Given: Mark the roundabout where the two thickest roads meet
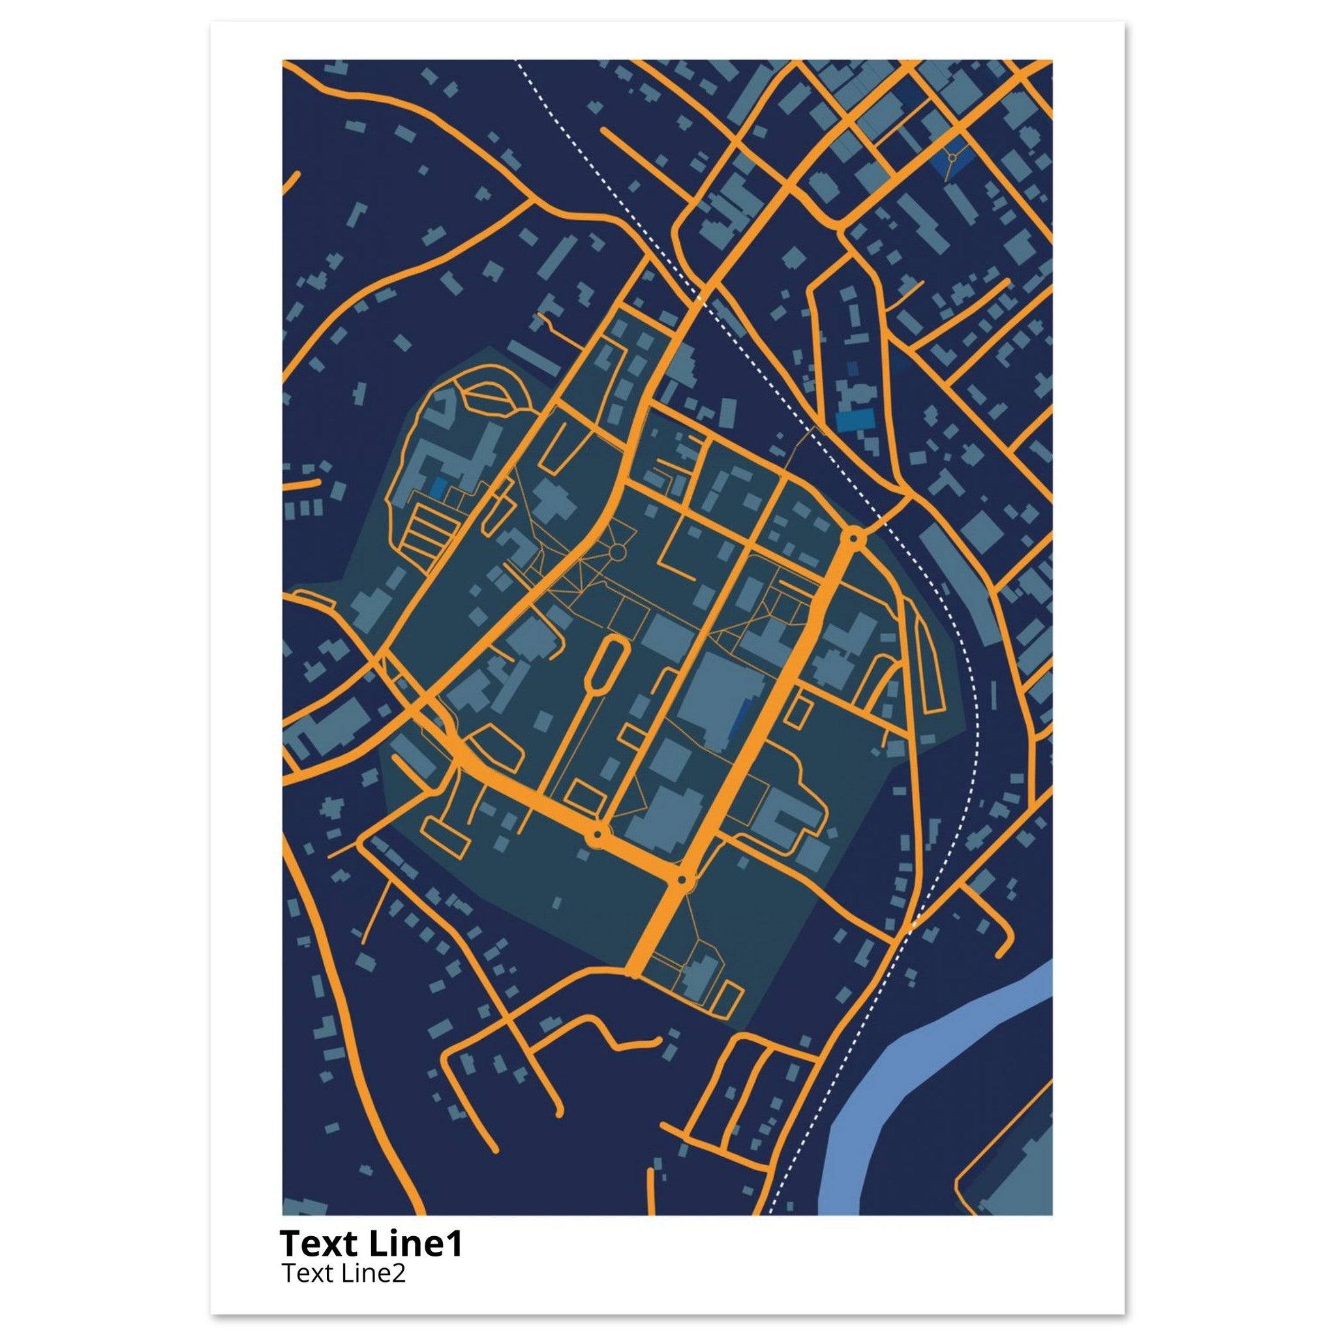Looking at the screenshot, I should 683,880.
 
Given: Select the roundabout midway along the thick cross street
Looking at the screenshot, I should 596,837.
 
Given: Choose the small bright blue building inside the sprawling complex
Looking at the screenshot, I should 437,487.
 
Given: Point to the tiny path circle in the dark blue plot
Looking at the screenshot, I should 952,159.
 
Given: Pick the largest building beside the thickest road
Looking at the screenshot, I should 719,699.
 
